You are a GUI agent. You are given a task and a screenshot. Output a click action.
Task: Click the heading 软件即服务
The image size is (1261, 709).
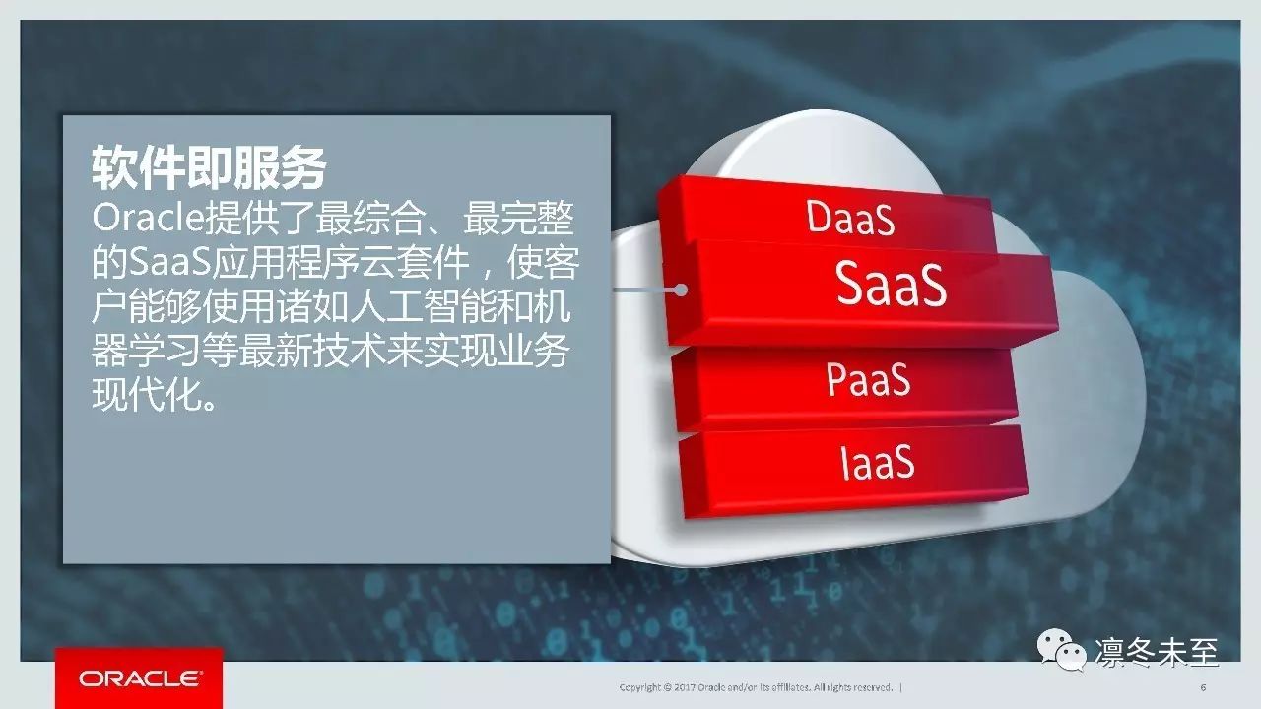tap(210, 167)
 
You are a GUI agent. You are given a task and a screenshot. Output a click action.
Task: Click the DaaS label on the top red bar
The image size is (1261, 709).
tap(850, 218)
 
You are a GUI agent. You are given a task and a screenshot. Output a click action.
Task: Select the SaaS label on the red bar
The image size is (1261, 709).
tap(891, 285)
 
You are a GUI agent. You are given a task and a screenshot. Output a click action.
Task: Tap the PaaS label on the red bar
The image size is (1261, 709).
tap(868, 379)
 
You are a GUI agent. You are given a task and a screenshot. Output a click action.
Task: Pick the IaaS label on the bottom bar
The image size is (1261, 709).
tap(877, 462)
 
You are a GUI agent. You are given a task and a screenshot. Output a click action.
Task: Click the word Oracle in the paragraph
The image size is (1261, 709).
tap(148, 218)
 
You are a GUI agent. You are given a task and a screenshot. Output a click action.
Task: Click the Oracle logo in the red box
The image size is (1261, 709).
tap(140, 678)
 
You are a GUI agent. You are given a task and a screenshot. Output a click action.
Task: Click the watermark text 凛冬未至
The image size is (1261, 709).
tap(1157, 653)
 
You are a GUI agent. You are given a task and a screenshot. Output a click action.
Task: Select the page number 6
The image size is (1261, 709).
tap(1204, 687)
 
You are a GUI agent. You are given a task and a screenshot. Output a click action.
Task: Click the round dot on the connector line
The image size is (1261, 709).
tap(681, 290)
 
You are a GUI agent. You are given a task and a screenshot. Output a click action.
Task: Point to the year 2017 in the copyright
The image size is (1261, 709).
tap(685, 687)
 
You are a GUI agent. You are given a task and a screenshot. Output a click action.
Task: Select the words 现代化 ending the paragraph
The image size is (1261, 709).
tap(148, 396)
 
